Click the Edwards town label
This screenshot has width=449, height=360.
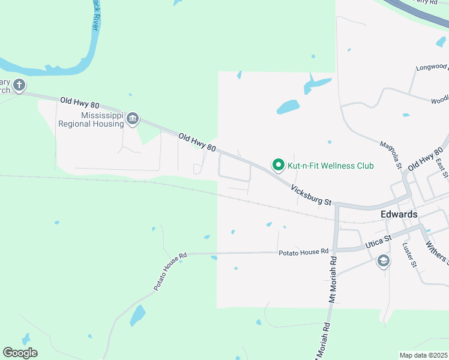(x=399, y=214)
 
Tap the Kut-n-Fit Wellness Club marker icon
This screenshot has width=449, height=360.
(x=278, y=164)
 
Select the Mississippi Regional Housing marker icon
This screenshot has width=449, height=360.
(x=133, y=118)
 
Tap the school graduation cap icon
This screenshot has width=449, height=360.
(x=383, y=261)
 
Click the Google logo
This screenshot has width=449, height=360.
(x=20, y=353)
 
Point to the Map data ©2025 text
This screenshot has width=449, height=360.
(x=423, y=355)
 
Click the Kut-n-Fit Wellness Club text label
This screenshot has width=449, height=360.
(x=331, y=166)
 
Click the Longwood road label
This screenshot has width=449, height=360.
(x=432, y=67)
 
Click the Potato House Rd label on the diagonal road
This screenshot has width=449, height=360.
(x=170, y=272)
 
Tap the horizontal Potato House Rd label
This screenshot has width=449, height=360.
(x=304, y=252)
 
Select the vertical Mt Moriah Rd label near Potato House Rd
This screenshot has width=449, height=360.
(x=331, y=280)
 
